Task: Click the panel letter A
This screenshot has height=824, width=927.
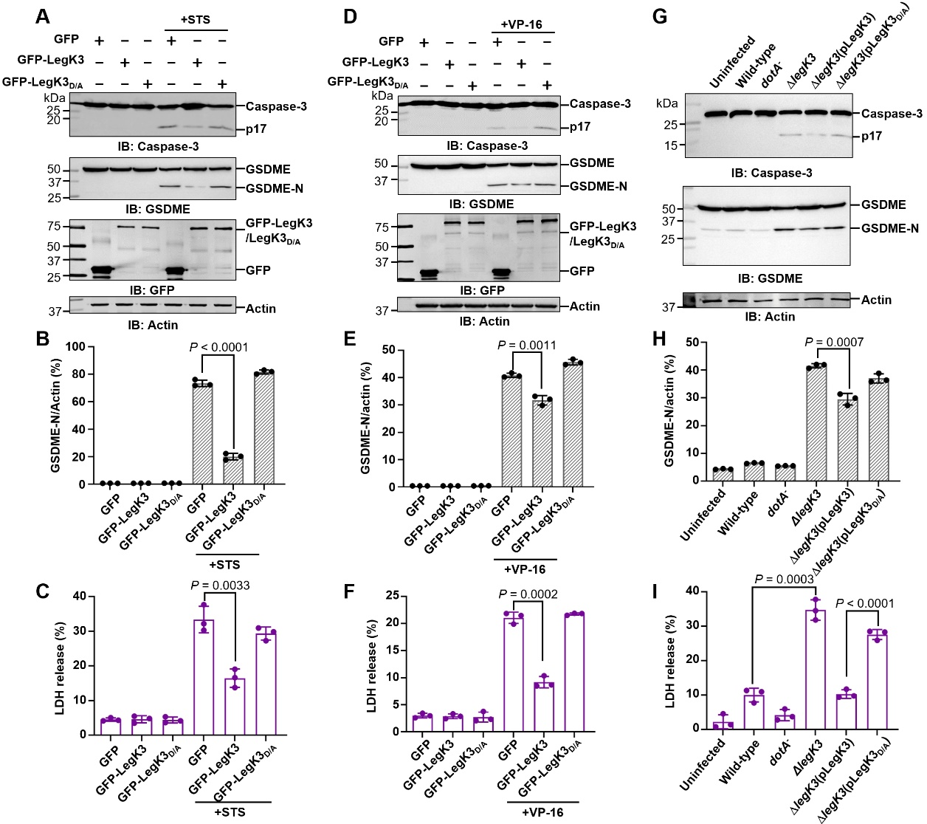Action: coord(43,16)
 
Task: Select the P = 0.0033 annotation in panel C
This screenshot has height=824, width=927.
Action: coord(220,586)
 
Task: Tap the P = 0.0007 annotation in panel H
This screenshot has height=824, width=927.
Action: coord(834,342)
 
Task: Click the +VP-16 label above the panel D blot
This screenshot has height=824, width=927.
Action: coord(521,24)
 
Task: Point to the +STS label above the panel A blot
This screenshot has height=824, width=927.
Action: coord(196,20)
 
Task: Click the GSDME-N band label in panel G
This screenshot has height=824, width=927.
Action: coord(890,228)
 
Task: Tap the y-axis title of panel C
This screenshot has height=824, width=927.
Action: coord(61,665)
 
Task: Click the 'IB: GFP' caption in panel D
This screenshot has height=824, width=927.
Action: coord(482,290)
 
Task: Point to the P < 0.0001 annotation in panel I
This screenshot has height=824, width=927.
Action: coord(864,603)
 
